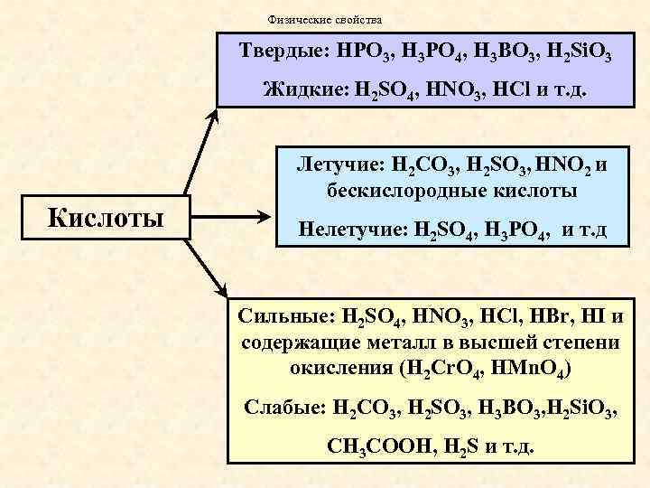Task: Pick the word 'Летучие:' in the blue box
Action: point(338,166)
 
